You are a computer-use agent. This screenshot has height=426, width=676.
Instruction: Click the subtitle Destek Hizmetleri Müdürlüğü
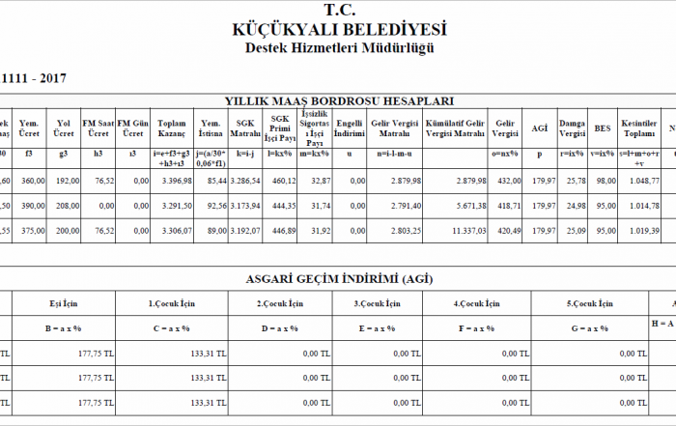point(338,47)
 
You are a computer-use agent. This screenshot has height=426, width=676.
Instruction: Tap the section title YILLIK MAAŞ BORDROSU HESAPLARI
point(339,100)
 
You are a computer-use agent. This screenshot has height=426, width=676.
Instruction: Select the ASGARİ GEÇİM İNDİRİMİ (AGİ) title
point(339,279)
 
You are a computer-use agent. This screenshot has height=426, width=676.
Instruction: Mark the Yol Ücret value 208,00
point(65,206)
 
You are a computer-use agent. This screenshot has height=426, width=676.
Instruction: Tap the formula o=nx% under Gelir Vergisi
point(502,154)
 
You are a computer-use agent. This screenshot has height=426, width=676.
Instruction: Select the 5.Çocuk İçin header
point(588,303)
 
